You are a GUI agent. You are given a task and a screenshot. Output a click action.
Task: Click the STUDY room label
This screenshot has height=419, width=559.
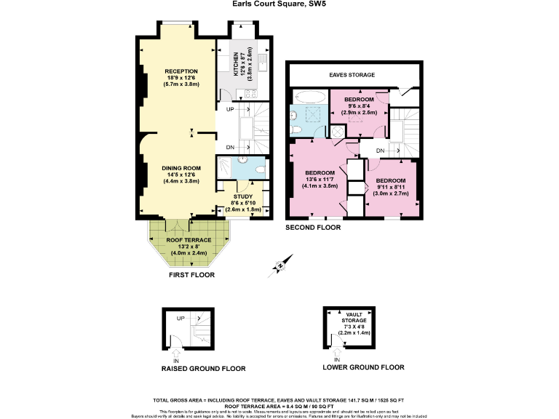(242, 196)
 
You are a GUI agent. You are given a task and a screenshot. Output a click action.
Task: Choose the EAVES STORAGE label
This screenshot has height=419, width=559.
(352, 75)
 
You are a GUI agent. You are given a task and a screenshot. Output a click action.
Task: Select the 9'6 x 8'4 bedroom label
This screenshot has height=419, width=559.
(359, 99)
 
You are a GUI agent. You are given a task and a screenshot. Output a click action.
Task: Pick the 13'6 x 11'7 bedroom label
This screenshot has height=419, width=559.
(318, 172)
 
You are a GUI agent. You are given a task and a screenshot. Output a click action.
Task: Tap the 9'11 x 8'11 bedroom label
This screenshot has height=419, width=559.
(390, 180)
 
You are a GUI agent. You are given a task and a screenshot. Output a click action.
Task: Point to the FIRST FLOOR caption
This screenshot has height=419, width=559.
(191, 276)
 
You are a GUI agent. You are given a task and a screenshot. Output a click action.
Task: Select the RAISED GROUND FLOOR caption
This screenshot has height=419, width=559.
(203, 369)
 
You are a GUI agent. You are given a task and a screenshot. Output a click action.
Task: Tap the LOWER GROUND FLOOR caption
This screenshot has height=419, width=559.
(363, 367)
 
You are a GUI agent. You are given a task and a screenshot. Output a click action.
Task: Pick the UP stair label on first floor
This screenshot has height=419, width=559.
(230, 110)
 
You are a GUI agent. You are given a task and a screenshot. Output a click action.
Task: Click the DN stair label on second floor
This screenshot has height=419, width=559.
(380, 151)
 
